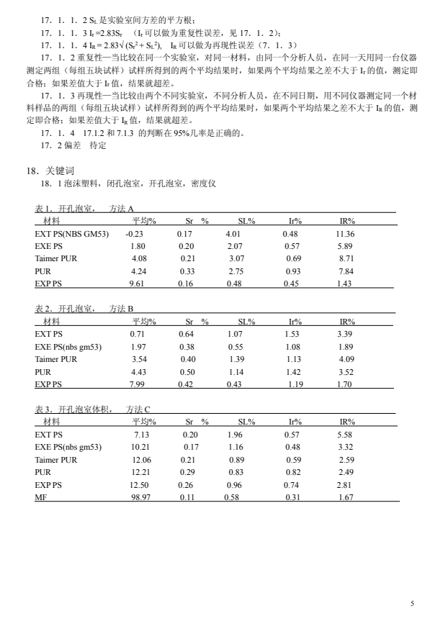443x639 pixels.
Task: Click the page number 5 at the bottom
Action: [x=413, y=604]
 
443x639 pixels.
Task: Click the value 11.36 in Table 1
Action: [x=345, y=234]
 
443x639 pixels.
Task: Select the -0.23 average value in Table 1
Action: [x=135, y=234]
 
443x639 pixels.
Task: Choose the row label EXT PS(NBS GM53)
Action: [x=71, y=234]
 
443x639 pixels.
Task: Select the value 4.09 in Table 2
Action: [x=346, y=358]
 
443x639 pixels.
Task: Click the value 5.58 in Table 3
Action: [x=346, y=435]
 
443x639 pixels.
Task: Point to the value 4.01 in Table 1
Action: [x=233, y=234]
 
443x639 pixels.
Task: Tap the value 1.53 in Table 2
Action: [x=292, y=334]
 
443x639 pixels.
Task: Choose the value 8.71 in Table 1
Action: [x=346, y=258]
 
